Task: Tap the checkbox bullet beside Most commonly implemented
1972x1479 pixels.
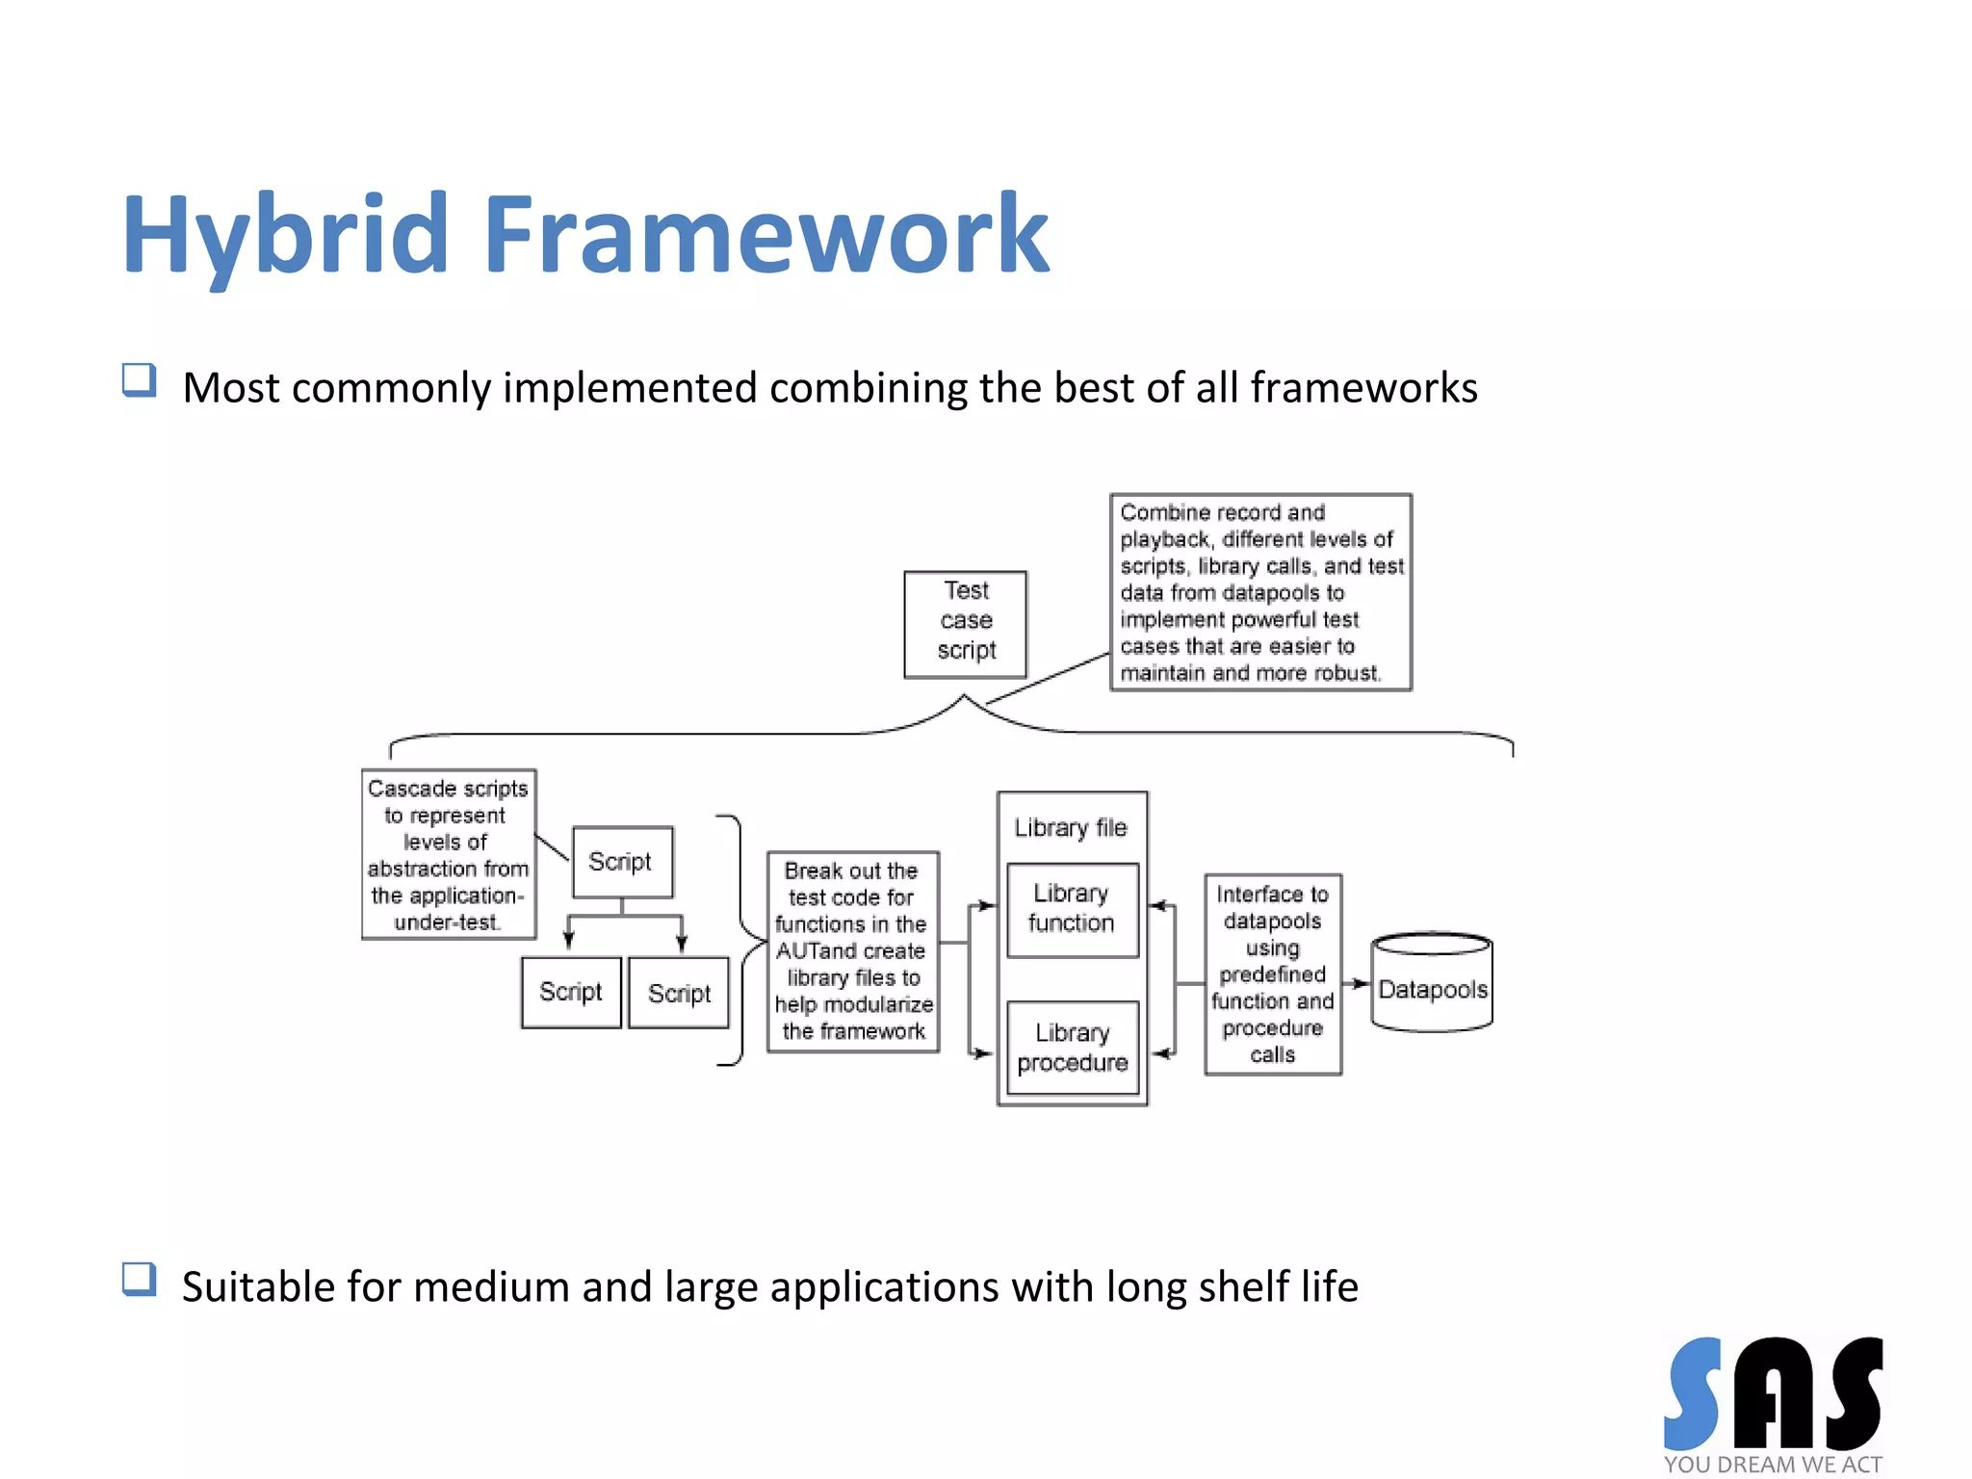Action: point(140,379)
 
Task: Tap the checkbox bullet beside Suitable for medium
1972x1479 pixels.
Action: point(140,1279)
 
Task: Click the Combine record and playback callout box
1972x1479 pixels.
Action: point(1259,591)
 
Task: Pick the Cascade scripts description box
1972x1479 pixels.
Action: point(449,853)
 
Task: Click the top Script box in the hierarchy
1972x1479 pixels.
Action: point(621,861)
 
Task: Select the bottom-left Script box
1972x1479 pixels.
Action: point(570,992)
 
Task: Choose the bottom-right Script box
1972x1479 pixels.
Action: point(678,993)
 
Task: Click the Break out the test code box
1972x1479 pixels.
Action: point(852,950)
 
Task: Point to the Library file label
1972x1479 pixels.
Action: point(1070,827)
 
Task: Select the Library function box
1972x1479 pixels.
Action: point(1072,908)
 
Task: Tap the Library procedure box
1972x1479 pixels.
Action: point(1072,1047)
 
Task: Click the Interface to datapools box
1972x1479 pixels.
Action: point(1272,973)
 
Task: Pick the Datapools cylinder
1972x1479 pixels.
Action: point(1432,983)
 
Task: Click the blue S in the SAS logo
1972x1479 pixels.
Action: point(1692,1392)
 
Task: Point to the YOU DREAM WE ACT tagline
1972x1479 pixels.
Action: point(1772,1464)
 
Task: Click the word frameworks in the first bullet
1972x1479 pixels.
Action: point(1363,388)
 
